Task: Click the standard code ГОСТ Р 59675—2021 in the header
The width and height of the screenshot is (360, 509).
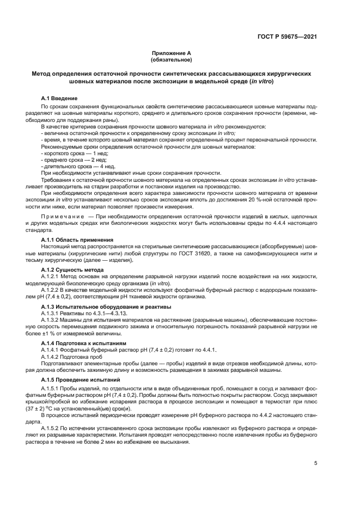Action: pos(288,37)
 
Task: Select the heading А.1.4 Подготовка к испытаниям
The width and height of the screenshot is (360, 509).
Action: pos(84,344)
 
